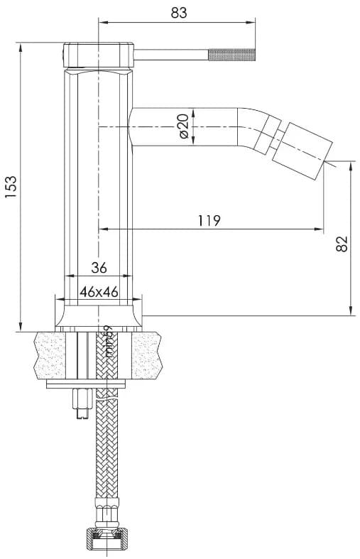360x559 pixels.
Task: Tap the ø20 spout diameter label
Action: pyautogui.click(x=182, y=126)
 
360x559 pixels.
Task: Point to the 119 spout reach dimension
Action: pyautogui.click(x=209, y=220)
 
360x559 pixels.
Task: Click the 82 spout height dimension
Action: pyautogui.click(x=342, y=244)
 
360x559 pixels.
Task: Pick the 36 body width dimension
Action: pyautogui.click(x=99, y=268)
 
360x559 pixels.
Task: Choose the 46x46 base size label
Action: pyautogui.click(x=99, y=291)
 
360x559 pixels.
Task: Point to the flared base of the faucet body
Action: pyautogui.click(x=99, y=315)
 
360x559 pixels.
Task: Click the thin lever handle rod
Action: pyautogui.click(x=170, y=53)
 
